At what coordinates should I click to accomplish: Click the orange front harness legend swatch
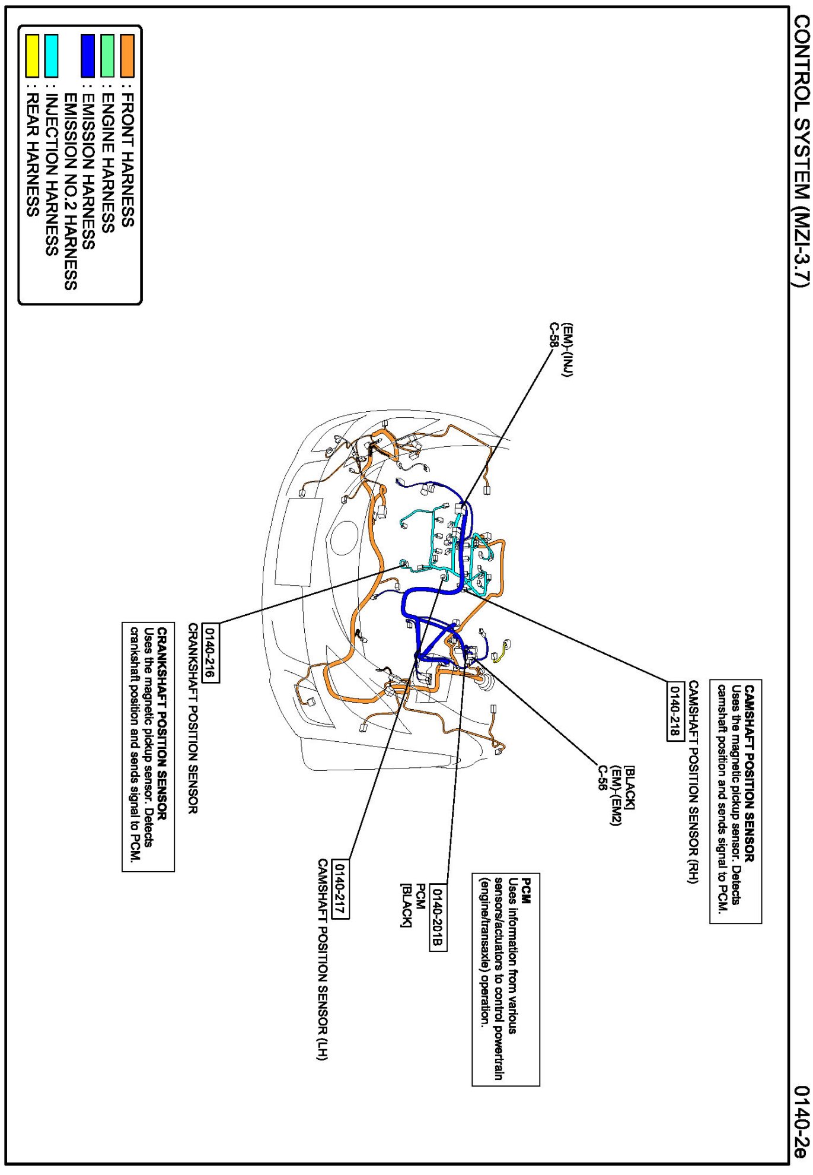click(127, 56)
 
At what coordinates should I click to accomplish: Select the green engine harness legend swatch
click(107, 56)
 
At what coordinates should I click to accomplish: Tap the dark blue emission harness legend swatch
click(88, 56)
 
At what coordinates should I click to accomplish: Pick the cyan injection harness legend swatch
click(52, 56)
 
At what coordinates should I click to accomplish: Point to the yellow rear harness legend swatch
click(32, 56)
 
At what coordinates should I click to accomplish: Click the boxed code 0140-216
click(211, 653)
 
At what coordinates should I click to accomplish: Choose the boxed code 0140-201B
click(438, 917)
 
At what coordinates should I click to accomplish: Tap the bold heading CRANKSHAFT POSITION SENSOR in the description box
click(162, 723)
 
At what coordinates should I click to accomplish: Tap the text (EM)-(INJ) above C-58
click(568, 350)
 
